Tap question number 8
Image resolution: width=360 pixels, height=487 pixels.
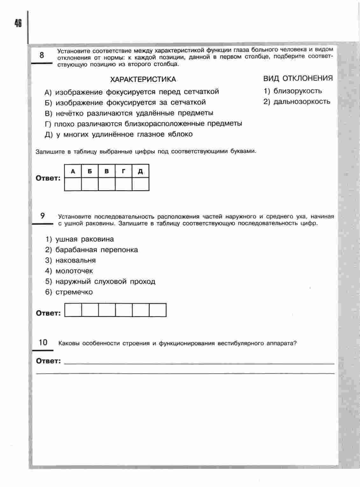tap(42, 55)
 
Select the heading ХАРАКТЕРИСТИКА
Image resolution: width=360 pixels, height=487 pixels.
tap(143, 79)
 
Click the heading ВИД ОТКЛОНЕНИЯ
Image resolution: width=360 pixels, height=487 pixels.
tap(298, 78)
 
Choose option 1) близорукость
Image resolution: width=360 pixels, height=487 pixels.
tap(293, 91)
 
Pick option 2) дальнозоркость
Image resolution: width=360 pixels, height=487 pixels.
tap(297, 102)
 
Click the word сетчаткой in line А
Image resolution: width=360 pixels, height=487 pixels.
tap(201, 92)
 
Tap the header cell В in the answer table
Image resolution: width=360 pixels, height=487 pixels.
tap(107, 171)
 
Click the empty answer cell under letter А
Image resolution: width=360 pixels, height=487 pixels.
tap(73, 184)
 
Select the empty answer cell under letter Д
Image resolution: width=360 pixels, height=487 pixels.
tap(140, 184)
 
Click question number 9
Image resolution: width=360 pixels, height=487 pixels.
tap(43, 216)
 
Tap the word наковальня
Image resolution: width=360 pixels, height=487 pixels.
tap(75, 260)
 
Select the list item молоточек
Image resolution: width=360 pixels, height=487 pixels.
tap(74, 271)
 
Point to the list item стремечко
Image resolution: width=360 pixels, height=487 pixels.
tap(74, 292)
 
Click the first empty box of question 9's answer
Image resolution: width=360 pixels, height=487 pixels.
tap(73, 310)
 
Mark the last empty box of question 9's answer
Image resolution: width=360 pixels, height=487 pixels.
tap(158, 310)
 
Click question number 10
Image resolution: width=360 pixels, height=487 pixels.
tap(43, 342)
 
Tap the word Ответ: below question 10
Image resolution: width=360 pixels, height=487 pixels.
tap(48, 361)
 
